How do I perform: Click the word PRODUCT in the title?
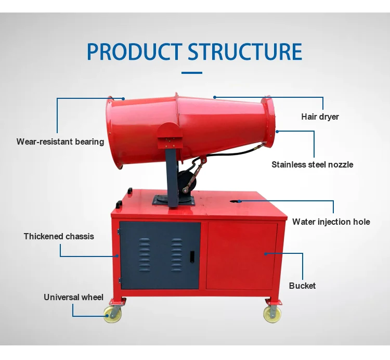134,52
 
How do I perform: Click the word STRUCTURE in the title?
245,52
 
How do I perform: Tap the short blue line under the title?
194,72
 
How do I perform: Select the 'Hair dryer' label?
320,117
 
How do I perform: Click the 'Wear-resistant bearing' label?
60,142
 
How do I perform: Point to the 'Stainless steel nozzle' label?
312,164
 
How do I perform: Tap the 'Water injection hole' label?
331,222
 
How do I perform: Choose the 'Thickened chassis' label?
59,236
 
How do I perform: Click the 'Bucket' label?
302,286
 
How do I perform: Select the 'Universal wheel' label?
73,298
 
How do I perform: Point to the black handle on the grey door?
191,256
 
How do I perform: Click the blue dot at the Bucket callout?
265,254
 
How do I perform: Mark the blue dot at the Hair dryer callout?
214,97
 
